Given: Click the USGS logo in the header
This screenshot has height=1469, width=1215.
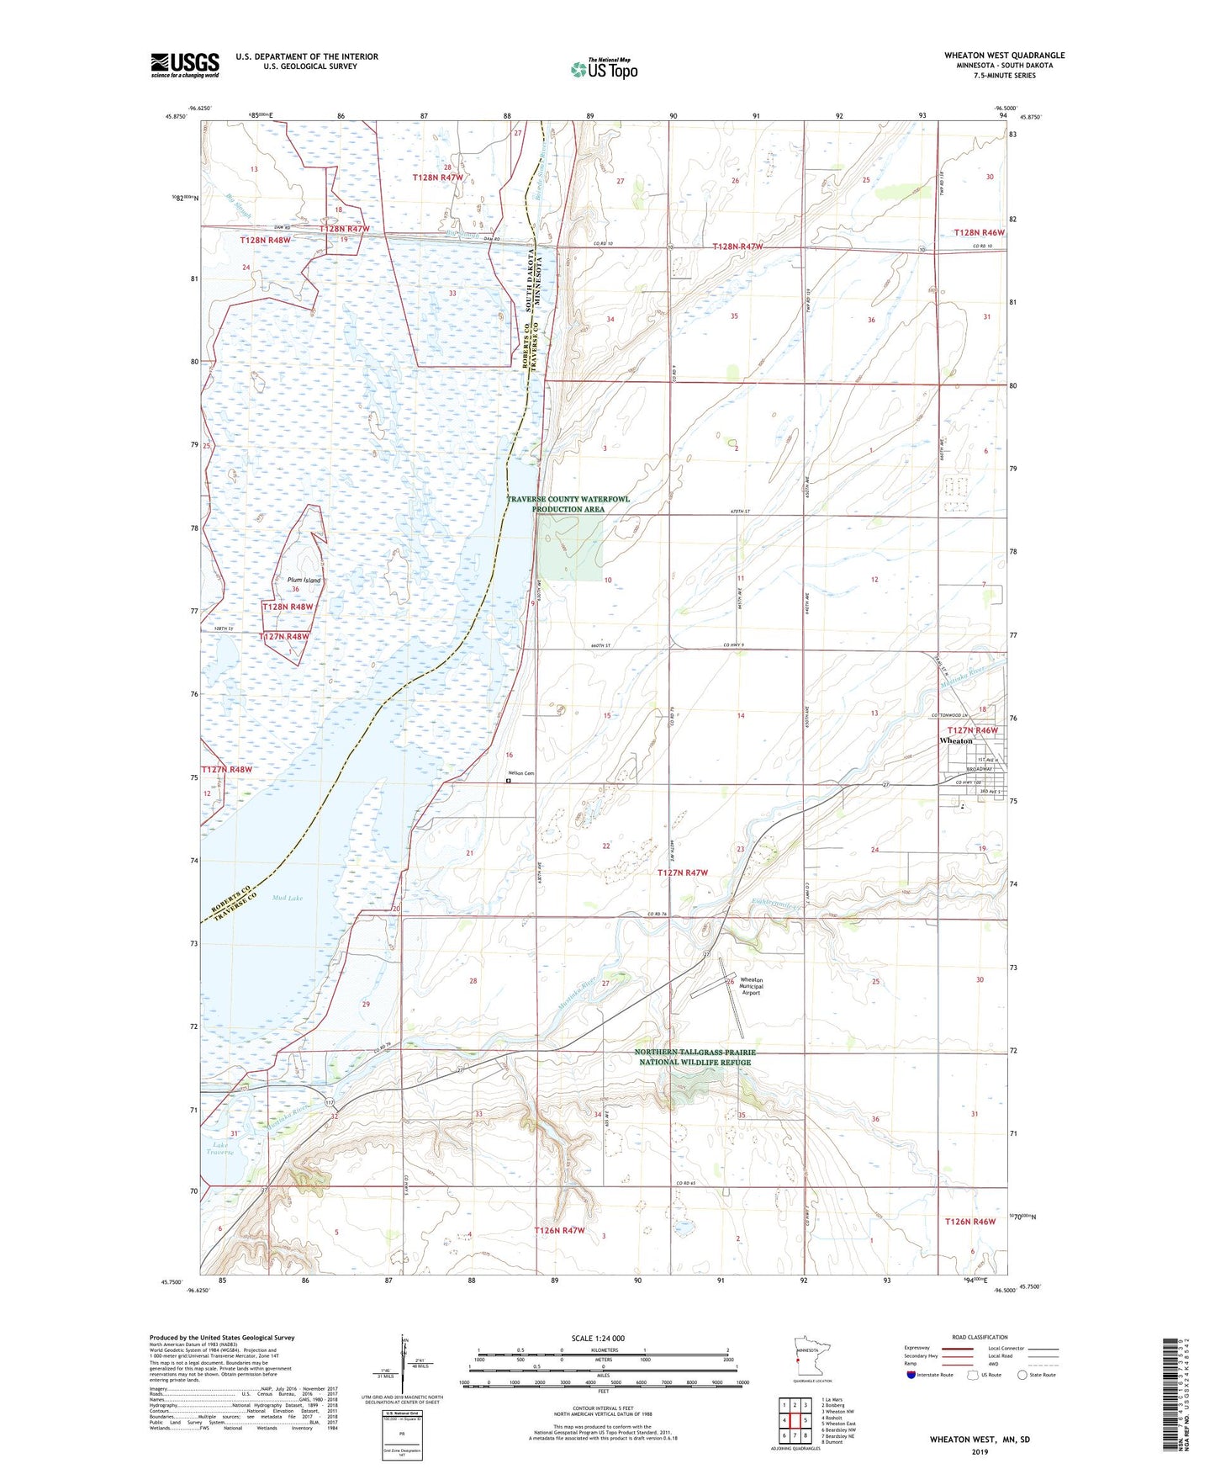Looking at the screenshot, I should pos(184,65).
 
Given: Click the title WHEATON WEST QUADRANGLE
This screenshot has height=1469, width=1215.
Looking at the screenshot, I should pos(1004,56).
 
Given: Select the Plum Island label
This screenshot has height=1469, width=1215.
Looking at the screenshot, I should pos(304,581).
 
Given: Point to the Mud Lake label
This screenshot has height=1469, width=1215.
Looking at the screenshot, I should pos(288,898).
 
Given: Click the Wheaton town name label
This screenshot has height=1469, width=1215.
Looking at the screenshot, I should pos(955,741).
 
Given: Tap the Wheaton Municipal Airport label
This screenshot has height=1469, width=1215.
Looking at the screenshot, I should pos(751,986).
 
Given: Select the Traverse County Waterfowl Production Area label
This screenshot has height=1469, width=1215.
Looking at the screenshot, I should pos(568,504).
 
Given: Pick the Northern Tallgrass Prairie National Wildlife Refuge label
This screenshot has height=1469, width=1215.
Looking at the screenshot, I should pos(695,1057).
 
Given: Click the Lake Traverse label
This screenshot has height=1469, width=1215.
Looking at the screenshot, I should pos(220,1148).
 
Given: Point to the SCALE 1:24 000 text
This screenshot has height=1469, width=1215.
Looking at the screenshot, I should pos(598,1339).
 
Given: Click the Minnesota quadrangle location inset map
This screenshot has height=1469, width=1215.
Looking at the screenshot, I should pos(811,1356).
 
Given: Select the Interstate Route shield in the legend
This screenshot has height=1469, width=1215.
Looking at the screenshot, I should pos(911,1376).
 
